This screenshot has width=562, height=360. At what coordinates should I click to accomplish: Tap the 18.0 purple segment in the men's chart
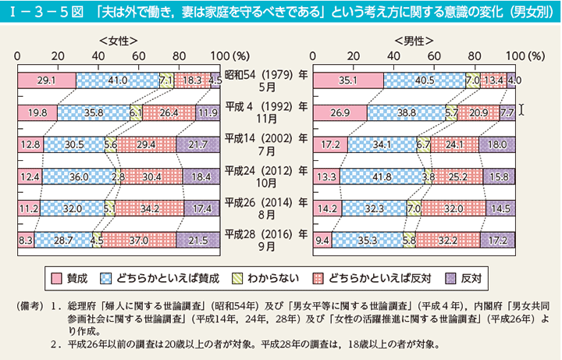[x=497, y=144]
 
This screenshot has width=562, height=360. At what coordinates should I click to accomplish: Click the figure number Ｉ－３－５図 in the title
[x=34, y=10]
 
